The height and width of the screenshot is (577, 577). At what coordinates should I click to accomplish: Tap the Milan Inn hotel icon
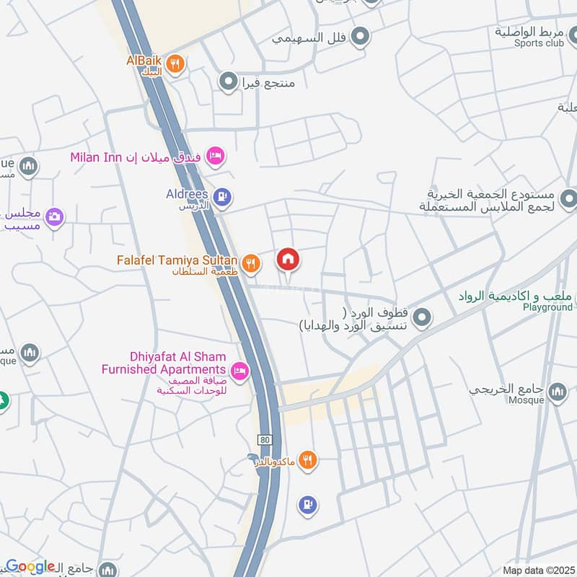point(215,156)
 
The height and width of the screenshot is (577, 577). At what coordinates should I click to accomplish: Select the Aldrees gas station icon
point(224,195)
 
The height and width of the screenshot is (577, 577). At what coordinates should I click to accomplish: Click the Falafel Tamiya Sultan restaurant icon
point(250,263)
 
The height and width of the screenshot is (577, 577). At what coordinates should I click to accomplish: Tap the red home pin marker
point(288,259)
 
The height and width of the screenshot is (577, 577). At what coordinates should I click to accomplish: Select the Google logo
point(30,566)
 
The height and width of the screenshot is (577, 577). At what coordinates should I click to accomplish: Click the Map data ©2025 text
point(538,570)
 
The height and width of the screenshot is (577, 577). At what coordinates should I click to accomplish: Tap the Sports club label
point(539,43)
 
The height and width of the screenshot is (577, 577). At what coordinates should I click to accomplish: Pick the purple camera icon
point(54,216)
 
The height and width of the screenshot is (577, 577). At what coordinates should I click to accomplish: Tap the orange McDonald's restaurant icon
point(308,459)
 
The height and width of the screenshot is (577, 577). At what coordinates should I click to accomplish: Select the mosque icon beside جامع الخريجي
point(557,392)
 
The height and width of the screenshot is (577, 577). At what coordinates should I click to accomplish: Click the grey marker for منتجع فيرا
point(229,82)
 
